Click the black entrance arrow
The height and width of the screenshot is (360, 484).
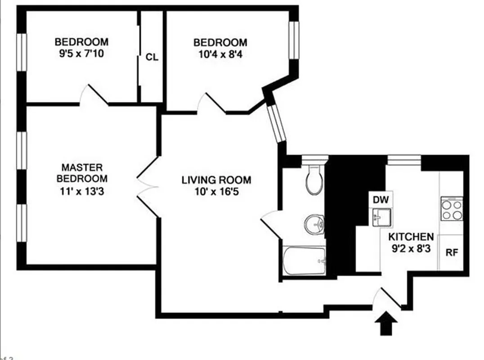[386, 324]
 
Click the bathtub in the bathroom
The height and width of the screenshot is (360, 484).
[304, 261]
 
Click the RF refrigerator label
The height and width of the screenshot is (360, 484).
[451, 252]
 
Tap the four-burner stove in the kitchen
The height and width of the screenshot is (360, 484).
[452, 209]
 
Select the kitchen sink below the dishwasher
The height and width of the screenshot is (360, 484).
[381, 217]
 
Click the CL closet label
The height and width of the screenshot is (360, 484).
[152, 57]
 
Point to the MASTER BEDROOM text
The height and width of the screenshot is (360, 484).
[82, 172]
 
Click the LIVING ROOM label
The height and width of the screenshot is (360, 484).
[216, 180]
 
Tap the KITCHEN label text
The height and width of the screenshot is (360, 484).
[411, 237]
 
